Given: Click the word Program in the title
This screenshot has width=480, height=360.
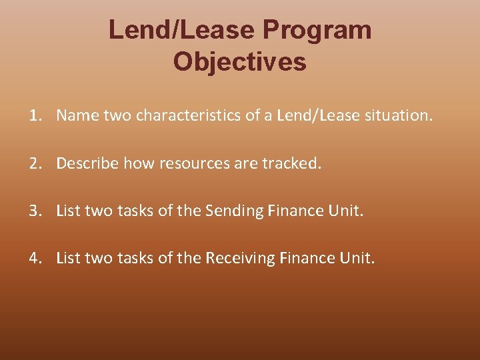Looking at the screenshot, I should [x=317, y=30].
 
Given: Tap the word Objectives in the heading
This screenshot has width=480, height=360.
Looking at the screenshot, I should [x=240, y=62].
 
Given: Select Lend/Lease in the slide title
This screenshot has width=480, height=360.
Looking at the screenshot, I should [x=181, y=30].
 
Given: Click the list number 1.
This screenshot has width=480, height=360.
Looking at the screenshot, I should [x=35, y=116].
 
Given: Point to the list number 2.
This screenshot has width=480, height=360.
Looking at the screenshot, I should [x=35, y=163].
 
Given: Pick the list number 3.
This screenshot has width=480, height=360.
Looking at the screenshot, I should [x=35, y=211].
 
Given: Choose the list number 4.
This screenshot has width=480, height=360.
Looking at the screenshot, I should [x=35, y=258].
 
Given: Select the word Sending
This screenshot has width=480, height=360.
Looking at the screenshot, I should [x=235, y=211].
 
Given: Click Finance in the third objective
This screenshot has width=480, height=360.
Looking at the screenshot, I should [x=293, y=211].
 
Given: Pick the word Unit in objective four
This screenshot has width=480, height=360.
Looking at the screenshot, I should [x=357, y=258].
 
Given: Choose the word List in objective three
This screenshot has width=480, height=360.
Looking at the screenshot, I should [x=67, y=211].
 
